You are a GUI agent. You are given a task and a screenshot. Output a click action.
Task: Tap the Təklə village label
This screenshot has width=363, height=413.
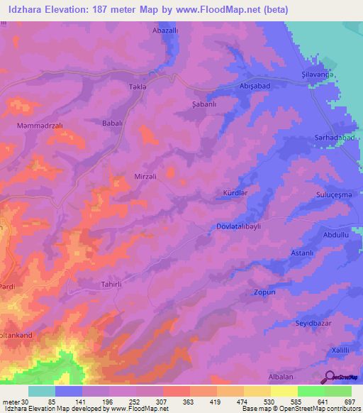[137, 86]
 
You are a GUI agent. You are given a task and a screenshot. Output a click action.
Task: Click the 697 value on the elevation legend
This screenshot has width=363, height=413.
[350, 401]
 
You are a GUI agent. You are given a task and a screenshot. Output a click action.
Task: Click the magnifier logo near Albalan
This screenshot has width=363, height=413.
[330, 377]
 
